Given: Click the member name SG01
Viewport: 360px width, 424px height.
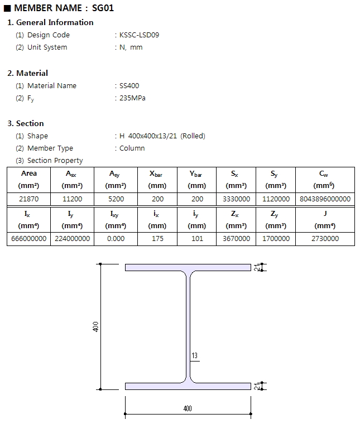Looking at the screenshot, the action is point(103,8).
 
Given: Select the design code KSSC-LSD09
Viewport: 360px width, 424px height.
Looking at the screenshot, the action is point(140,35).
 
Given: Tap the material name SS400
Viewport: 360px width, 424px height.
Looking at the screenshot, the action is point(129,86).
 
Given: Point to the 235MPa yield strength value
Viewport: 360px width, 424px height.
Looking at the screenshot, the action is point(132,98).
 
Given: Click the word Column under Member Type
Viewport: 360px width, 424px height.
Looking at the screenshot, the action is point(132,148).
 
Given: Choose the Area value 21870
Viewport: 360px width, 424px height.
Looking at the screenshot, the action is point(28,199).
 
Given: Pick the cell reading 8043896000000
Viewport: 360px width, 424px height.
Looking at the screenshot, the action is point(325,199).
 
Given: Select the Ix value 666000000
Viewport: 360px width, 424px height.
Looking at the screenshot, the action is point(28,239).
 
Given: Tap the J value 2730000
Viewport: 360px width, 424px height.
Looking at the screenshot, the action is point(325,239).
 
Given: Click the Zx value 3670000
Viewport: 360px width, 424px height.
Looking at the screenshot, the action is point(237,239).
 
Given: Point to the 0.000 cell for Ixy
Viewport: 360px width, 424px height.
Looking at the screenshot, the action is point(116,239).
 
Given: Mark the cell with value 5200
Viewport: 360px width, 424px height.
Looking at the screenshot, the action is point(116,199).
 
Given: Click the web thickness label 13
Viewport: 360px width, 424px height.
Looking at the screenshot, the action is point(194,355).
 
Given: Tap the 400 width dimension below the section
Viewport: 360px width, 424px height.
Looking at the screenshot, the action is point(188,408).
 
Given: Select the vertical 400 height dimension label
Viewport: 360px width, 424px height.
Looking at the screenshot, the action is point(96,327).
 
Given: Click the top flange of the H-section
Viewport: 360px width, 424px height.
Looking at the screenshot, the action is point(188,267).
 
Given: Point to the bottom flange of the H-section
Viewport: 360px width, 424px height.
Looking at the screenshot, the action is point(188,386).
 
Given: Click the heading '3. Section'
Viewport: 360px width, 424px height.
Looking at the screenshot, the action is point(26,124).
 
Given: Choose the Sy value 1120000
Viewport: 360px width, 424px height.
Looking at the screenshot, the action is point(276,199).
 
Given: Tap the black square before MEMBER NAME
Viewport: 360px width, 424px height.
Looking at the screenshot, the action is point(7,8).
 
